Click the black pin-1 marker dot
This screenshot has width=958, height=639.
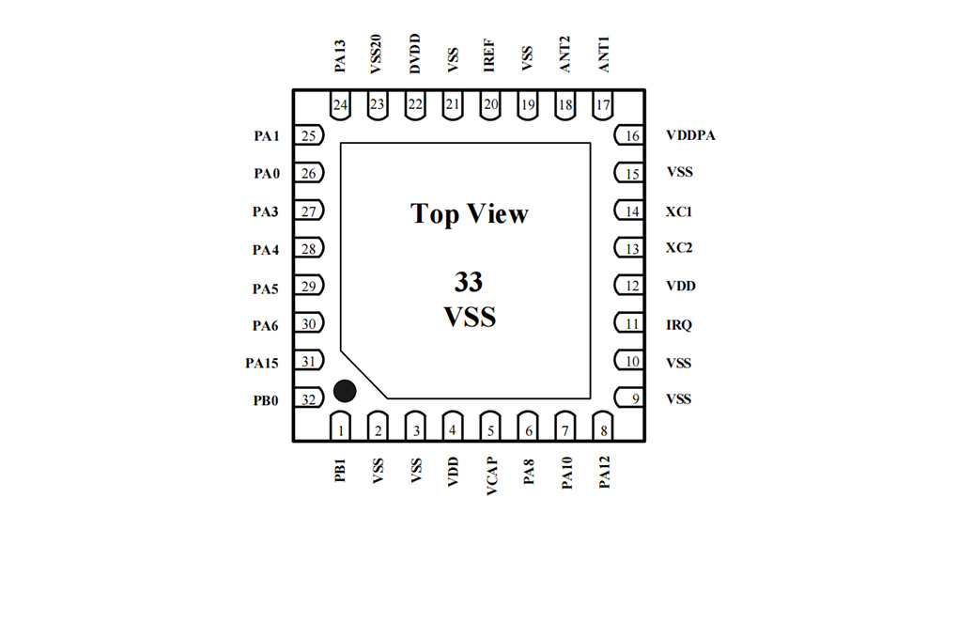coord(345,391)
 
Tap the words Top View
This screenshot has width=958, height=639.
coord(470,214)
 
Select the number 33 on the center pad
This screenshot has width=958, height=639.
coord(469,282)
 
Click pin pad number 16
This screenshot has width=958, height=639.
coord(628,135)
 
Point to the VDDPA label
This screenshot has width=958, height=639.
coord(690,135)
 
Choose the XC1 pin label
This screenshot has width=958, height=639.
coord(679,211)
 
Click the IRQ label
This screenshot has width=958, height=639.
coord(679,325)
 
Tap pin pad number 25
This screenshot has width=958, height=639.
coord(309,135)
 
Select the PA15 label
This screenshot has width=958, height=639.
coord(261,364)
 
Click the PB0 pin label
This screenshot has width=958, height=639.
coord(266,400)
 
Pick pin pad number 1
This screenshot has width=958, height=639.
coord(340,426)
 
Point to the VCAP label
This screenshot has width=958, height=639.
coord(492,475)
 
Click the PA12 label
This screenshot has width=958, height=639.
coord(604,472)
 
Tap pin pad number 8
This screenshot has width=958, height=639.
coord(602,426)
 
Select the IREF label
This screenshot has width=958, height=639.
coord(488,55)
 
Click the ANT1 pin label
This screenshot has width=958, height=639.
coord(604,55)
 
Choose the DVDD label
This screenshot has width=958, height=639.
coord(415,54)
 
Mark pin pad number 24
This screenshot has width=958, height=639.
coord(340,105)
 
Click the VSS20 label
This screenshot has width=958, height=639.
coord(376,55)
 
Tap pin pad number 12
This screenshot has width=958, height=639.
coord(628,286)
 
